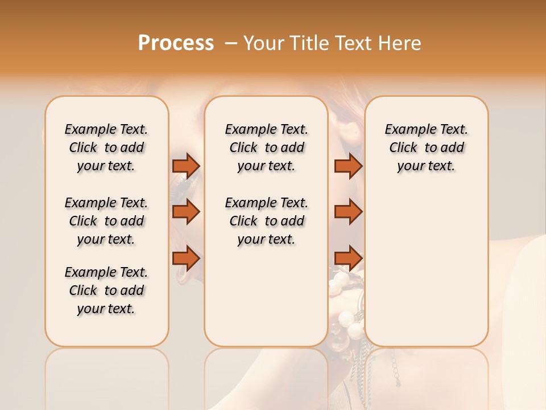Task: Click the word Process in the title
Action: point(176,43)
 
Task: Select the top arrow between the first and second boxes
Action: point(186,166)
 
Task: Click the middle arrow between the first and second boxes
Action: point(186,212)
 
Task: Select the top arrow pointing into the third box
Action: point(348,166)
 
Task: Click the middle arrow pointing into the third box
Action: point(348,212)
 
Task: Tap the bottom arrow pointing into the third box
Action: point(348,259)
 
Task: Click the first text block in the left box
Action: point(106,147)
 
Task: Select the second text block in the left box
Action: point(106,221)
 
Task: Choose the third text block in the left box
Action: point(106,290)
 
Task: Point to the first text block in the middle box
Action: point(266,147)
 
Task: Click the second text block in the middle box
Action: point(266,221)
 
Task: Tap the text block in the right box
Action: point(427,147)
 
